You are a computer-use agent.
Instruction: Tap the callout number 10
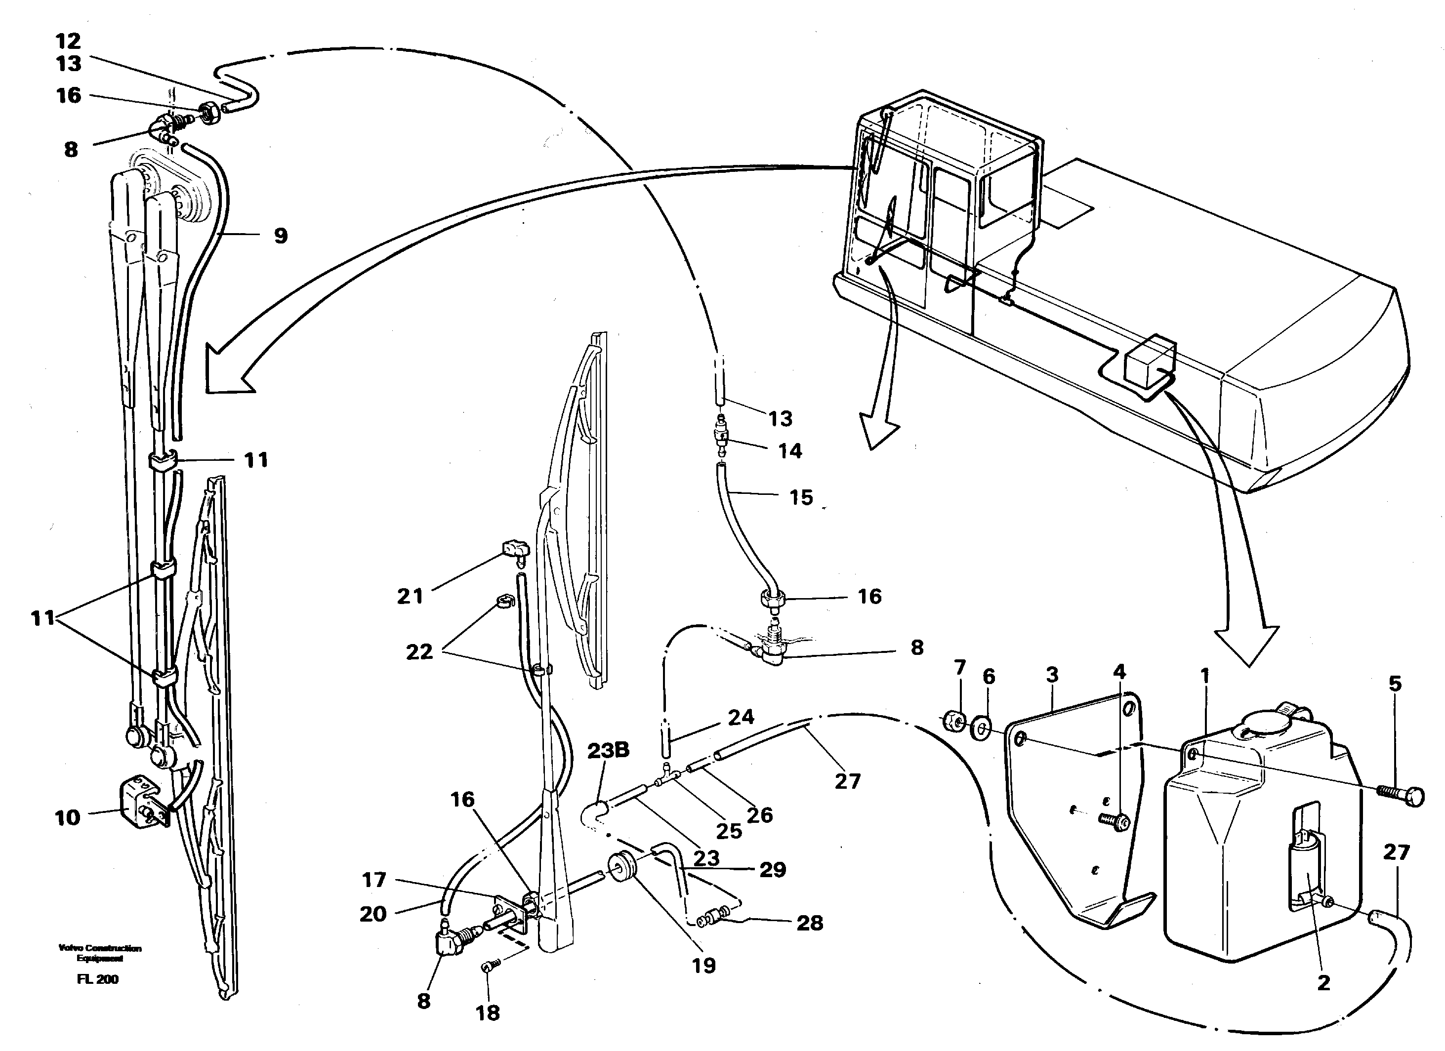68,818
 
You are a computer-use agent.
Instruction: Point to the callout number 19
704,966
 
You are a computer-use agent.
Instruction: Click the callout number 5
1395,684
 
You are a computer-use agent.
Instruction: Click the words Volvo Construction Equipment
100,953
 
